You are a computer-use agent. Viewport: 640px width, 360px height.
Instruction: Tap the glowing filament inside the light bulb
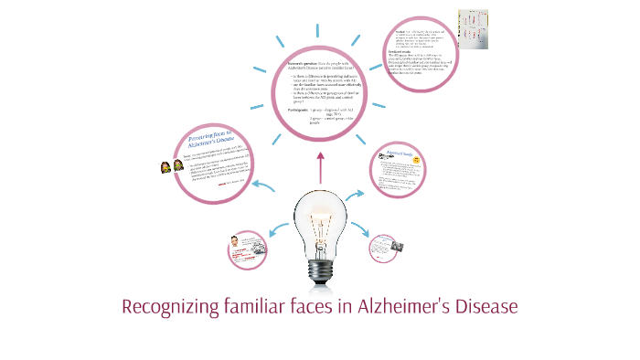click(320, 219)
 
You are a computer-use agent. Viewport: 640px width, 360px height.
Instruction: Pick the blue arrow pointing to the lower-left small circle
click(274, 233)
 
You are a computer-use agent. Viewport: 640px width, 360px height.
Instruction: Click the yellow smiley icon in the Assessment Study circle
click(416, 161)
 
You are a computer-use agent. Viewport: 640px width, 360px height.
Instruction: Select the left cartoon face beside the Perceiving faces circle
click(165, 168)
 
